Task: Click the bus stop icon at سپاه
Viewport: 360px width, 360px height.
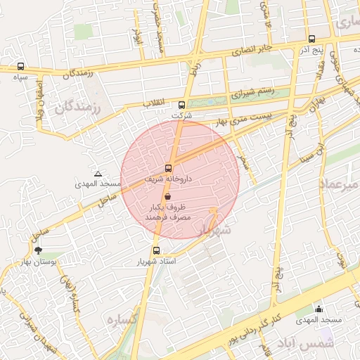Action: point(20,67)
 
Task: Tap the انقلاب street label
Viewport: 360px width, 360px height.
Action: point(154,103)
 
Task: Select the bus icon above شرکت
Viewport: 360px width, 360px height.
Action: point(183,104)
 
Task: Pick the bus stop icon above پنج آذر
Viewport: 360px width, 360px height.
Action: point(312,39)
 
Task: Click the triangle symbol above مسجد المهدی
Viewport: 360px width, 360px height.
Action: point(98,173)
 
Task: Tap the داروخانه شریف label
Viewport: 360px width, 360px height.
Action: point(169,179)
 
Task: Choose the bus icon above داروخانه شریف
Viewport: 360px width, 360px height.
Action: point(168,168)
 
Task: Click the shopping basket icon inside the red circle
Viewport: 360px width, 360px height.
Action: point(168,197)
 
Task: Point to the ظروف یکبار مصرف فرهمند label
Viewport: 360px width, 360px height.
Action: point(168,214)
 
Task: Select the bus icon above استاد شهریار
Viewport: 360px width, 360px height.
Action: point(156,250)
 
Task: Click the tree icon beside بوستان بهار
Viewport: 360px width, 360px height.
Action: point(38,250)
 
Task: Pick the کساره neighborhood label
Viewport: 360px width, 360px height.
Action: point(122,319)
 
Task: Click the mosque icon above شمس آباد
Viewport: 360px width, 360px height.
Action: point(319,308)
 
